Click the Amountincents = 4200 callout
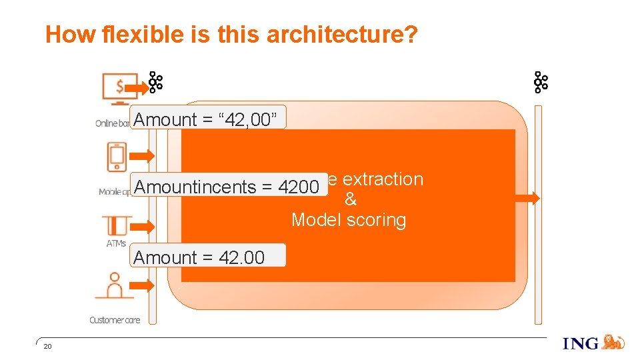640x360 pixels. (x=227, y=187)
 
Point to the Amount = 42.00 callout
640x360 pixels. (x=207, y=256)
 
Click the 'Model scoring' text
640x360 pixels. (x=348, y=221)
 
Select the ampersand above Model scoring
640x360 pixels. (x=351, y=200)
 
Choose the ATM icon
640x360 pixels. (x=116, y=225)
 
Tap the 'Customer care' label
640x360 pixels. (x=115, y=320)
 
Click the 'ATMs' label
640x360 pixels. (x=116, y=244)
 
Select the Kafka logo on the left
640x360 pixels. (x=155, y=82)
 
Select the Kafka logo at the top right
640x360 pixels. (x=540, y=82)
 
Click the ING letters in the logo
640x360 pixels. (x=581, y=343)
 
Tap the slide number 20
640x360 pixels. (x=47, y=347)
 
